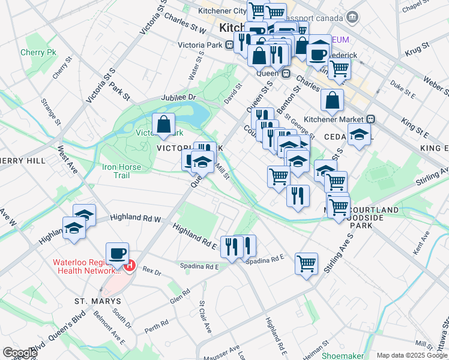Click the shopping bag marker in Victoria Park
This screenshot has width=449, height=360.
coord(164,125)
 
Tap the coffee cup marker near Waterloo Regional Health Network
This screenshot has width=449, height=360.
coord(118,253)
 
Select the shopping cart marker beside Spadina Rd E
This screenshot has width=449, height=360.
coord(307,263)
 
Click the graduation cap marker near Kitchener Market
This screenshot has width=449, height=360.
coord(359,136)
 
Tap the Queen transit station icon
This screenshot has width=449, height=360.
coord(286,73)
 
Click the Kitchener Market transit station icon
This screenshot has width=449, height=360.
coord(372,119)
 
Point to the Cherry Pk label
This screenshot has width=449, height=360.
coord(38,53)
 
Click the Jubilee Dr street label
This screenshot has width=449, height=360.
coord(178,97)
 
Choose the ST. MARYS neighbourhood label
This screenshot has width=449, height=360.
coord(98,301)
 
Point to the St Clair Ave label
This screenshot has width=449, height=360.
coord(205,317)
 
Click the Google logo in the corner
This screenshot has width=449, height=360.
coord(19,353)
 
